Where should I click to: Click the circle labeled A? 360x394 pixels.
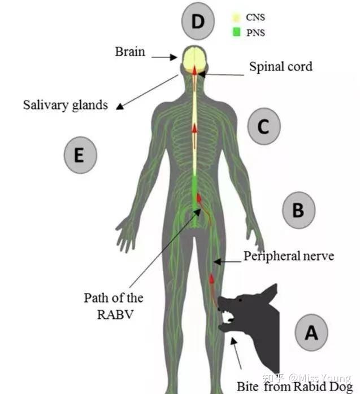[311, 334]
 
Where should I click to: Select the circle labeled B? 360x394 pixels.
[298, 211]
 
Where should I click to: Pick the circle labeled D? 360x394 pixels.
[198, 22]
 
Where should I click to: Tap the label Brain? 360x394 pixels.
[130, 52]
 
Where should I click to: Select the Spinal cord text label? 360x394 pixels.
[280, 67]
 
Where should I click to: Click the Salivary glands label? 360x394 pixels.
[66, 105]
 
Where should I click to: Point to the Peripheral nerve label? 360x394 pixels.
[289, 256]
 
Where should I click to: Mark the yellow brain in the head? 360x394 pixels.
[195, 59]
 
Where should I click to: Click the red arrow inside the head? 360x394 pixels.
[195, 70]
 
